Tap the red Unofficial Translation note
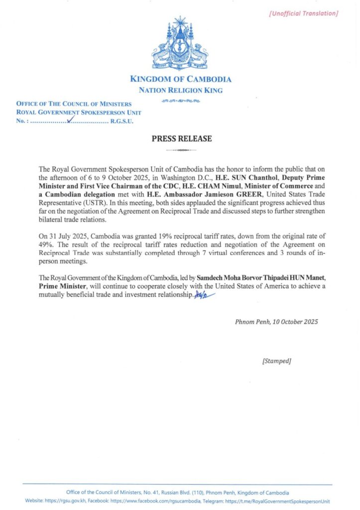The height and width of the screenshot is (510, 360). tap(303, 13)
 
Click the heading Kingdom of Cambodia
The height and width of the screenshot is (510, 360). tap(180, 79)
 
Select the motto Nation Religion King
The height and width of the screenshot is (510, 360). tap(180, 90)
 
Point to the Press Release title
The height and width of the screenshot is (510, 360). tap(182, 139)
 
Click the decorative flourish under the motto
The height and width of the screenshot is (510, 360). tap(181, 101)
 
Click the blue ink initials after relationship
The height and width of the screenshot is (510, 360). tap(205, 296)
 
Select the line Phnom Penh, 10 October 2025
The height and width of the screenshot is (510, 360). tap(276, 321)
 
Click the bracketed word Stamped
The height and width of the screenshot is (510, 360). tap(276, 361)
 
